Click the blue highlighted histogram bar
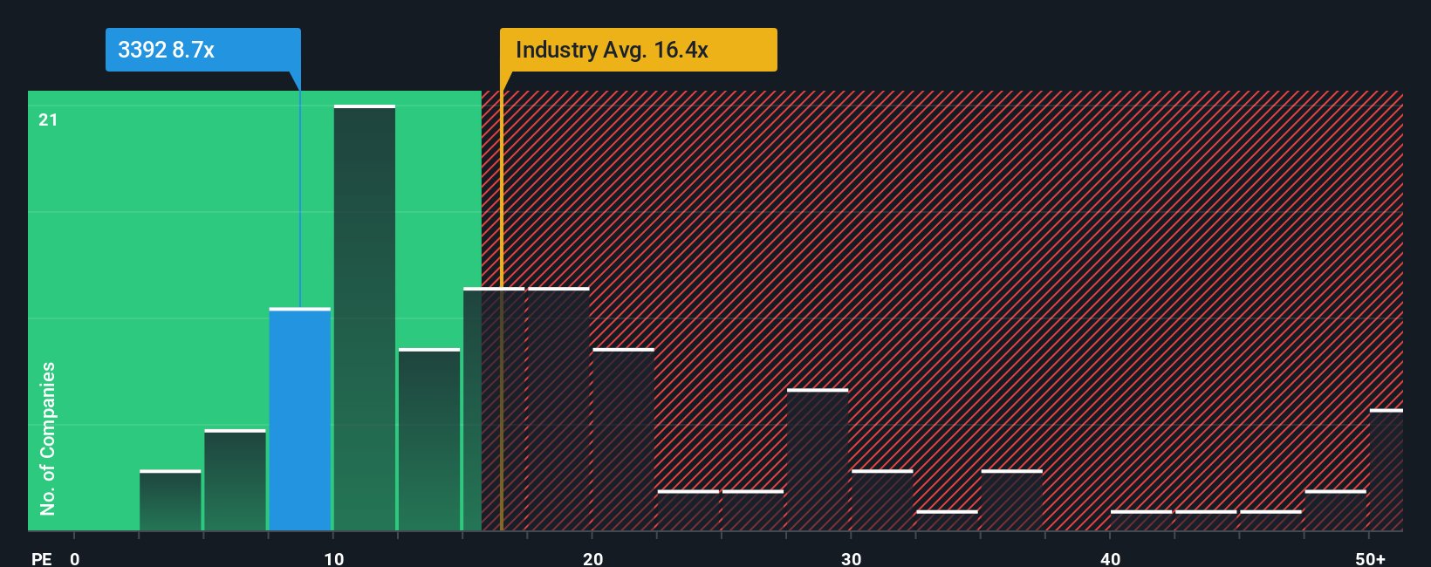299,420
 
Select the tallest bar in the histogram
364,318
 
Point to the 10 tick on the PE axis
333,558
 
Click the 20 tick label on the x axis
592,558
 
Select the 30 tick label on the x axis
851,558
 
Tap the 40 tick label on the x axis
1110,558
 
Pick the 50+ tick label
1370,558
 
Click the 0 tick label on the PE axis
75,558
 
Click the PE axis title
41,558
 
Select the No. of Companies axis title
48,438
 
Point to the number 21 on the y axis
48,120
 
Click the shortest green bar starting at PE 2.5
170,501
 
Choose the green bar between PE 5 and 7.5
235,481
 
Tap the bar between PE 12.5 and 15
429,440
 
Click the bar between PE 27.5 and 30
818,460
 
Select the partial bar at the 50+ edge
1386,470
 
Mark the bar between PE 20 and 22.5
623,440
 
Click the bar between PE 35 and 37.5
1011,501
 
